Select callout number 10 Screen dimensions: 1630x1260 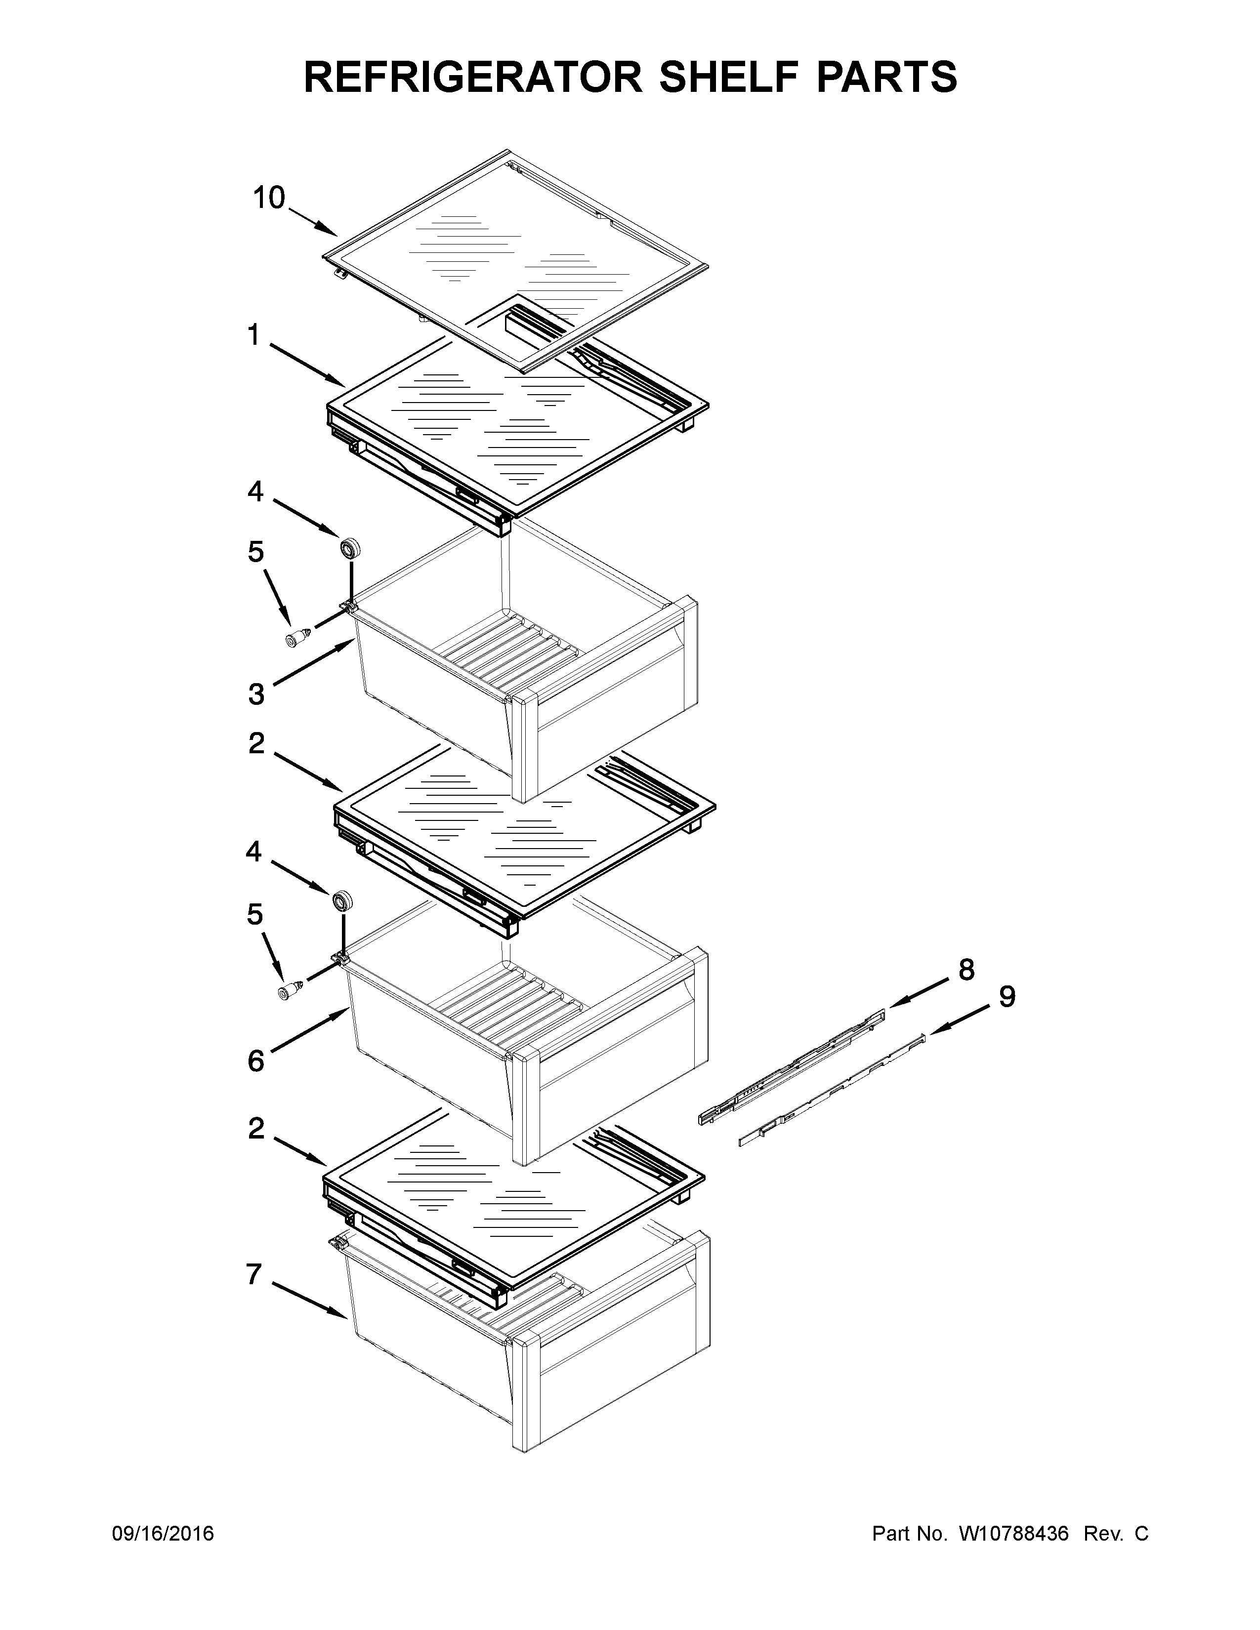coord(269,198)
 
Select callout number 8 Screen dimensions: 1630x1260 coord(966,970)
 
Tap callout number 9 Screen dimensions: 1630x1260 coord(1007,996)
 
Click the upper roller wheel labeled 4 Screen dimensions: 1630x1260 coord(349,547)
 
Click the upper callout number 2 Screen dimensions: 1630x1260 coord(256,742)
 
